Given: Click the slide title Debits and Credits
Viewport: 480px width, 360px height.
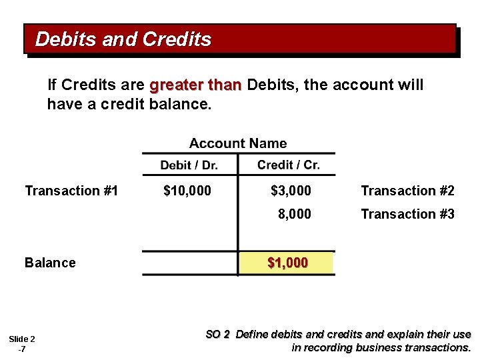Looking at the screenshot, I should tap(123, 39).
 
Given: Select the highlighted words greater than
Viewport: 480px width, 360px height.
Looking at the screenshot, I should tap(195, 85).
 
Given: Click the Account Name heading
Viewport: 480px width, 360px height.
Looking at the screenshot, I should tap(238, 143).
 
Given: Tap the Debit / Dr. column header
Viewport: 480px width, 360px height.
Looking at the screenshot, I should tap(189, 165).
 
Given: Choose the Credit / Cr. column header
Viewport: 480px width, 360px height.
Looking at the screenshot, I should tap(288, 165).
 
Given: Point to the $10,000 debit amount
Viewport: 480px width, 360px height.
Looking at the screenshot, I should tap(187, 191).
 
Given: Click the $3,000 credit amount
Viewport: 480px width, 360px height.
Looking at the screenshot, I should tap(291, 191).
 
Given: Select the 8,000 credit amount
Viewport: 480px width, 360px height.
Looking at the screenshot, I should tap(294, 214).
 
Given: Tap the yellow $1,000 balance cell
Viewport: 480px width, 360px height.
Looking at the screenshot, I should tap(287, 263).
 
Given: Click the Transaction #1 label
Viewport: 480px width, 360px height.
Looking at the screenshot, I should tap(71, 191).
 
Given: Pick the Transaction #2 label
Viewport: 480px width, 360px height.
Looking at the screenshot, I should tap(407, 191).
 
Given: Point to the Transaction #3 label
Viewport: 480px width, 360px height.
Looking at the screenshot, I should tap(407, 214).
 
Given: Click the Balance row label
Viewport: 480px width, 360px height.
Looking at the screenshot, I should tap(50, 263).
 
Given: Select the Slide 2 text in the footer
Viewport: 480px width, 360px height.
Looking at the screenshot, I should tap(22, 339).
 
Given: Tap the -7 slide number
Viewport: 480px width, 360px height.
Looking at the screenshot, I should tap(22, 349).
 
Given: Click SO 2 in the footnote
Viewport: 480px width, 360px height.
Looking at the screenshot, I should tap(217, 335).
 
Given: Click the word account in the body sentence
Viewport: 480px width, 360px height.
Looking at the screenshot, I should tap(363, 85).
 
